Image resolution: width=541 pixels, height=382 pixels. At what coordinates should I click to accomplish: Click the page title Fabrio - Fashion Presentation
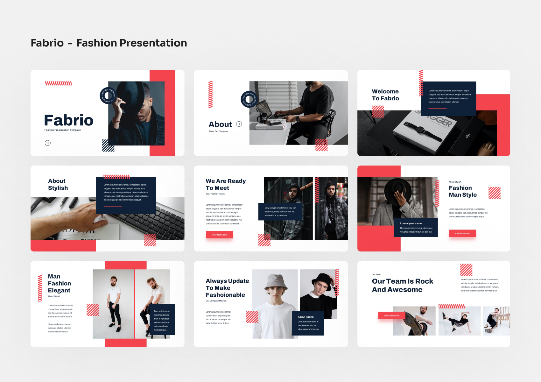click(x=109, y=43)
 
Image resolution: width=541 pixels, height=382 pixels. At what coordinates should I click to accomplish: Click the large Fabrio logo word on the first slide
click(x=69, y=120)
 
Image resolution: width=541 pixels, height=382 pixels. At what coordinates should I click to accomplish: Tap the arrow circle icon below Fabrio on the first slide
click(x=48, y=143)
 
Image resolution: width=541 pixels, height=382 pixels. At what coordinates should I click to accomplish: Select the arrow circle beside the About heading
click(x=239, y=124)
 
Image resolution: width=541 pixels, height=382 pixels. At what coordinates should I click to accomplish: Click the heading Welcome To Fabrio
click(x=385, y=95)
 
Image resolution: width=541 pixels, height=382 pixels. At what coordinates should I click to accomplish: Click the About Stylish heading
click(x=58, y=184)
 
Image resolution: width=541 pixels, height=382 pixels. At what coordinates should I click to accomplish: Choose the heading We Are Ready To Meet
click(x=226, y=184)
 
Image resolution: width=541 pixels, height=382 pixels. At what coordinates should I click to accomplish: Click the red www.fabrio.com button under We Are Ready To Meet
click(x=220, y=235)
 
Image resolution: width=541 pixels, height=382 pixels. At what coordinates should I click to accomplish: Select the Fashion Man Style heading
click(x=463, y=191)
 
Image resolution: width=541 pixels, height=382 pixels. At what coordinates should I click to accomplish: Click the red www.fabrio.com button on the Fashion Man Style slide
click(x=462, y=233)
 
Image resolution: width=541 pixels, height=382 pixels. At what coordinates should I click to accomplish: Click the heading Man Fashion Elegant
click(x=59, y=283)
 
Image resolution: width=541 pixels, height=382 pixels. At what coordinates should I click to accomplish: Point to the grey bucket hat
click(x=276, y=282)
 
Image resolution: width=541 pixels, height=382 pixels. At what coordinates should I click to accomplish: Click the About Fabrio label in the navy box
click(x=306, y=317)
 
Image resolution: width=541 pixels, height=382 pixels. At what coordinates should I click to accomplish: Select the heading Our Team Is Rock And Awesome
click(x=402, y=285)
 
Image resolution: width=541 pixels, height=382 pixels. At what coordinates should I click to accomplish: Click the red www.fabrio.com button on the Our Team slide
click(x=392, y=315)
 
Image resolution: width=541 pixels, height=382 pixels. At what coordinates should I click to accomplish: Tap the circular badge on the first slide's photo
click(x=109, y=95)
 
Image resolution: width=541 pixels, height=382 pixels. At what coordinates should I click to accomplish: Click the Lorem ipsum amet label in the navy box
click(x=411, y=223)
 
